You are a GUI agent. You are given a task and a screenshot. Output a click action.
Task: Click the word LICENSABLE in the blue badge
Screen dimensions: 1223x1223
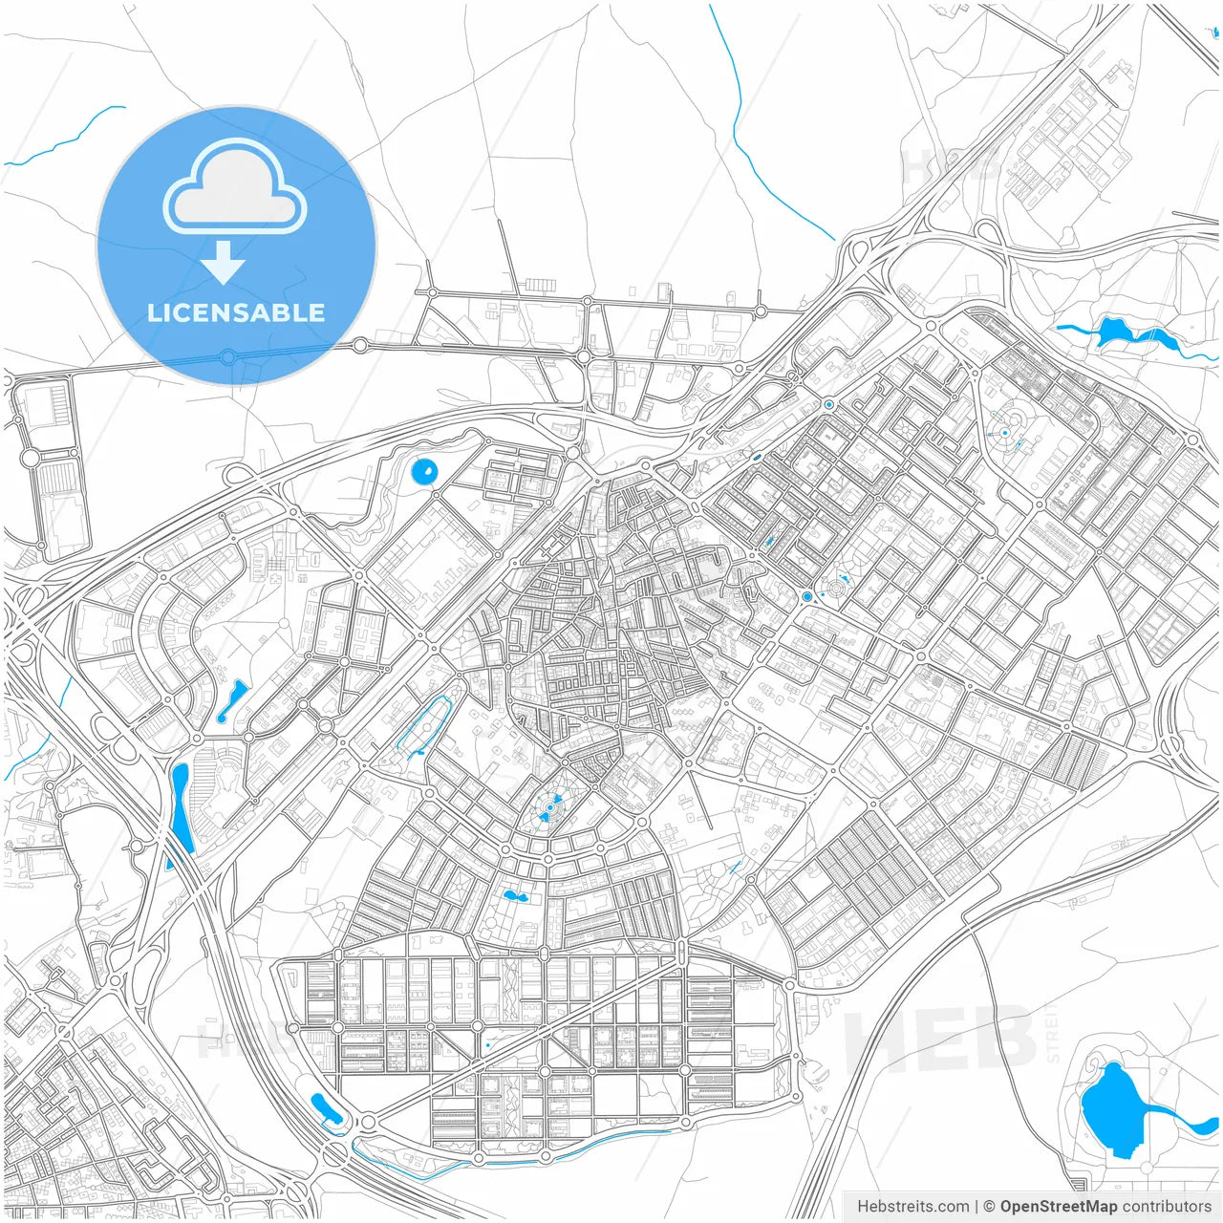[x=236, y=312]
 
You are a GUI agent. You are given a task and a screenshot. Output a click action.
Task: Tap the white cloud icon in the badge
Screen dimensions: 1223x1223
[x=235, y=187]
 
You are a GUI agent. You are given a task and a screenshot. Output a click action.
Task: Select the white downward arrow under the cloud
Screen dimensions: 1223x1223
[x=223, y=263]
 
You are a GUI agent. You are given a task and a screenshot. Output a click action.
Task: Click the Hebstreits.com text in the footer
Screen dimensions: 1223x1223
[x=912, y=1207]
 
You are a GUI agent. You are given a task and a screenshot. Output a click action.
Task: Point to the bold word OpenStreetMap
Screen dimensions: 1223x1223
[x=1059, y=1207]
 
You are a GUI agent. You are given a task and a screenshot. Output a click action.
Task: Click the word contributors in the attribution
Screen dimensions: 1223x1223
[x=1167, y=1207]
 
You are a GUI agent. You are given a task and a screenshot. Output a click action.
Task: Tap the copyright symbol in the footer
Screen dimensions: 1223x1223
[x=989, y=1207]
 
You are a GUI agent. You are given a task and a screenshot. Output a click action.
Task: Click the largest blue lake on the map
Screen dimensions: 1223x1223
[x=1110, y=1108]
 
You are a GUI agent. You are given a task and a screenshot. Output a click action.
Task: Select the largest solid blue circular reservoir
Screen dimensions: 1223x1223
[x=423, y=470]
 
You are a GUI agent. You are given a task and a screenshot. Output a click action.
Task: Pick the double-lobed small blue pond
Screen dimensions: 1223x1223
[x=515, y=896]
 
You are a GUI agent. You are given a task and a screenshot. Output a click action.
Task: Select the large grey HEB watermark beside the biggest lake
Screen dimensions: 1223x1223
[x=941, y=1037]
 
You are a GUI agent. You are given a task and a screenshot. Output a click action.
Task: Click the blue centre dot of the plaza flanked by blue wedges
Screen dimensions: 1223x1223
[x=549, y=808]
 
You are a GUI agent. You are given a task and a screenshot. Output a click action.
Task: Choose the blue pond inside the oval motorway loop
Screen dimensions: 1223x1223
[x=325, y=1108]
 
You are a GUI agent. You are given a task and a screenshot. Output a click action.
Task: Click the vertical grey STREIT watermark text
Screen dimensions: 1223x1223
[x=1053, y=1032]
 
